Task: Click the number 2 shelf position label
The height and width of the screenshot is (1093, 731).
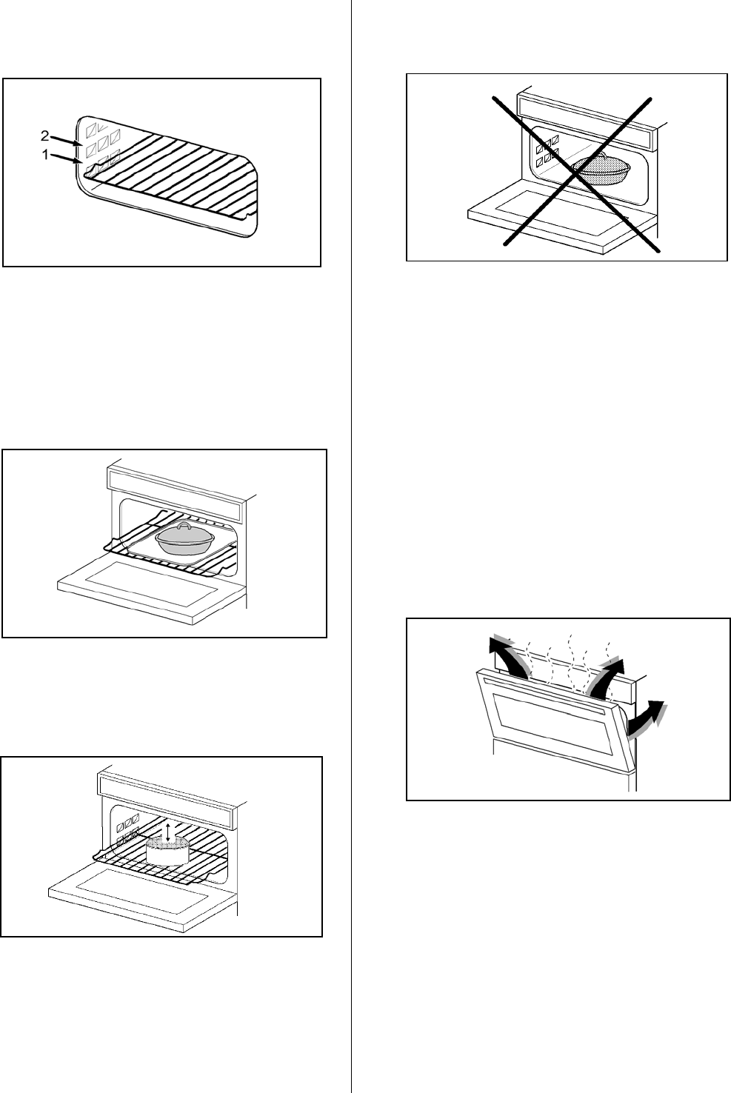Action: click(44, 136)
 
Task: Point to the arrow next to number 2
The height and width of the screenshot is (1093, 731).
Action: click(64, 141)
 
